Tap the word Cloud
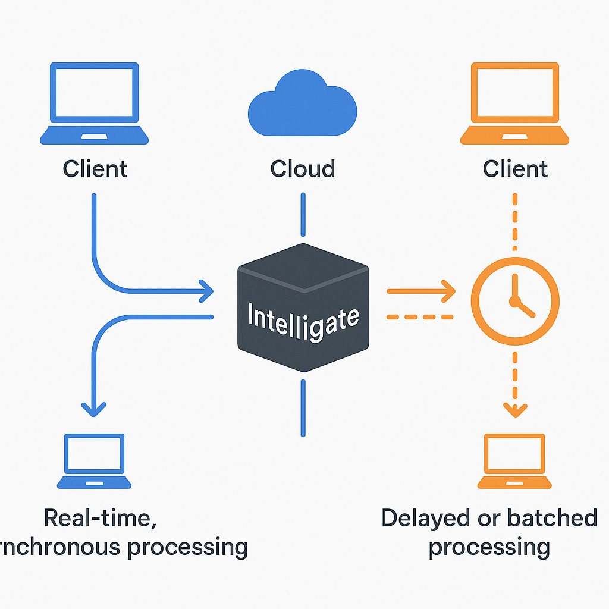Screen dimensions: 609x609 (x=302, y=169)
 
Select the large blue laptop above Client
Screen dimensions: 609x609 (x=94, y=104)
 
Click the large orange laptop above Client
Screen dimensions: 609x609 (x=514, y=104)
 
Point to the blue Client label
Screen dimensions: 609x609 (x=95, y=169)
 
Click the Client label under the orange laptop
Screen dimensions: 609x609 (x=515, y=169)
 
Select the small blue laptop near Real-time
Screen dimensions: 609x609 (x=94, y=462)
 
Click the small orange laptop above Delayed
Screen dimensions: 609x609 (x=514, y=462)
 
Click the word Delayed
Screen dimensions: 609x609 (x=420, y=519)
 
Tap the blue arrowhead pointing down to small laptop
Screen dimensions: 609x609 (x=93, y=409)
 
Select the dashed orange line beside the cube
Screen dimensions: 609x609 (x=419, y=317)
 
